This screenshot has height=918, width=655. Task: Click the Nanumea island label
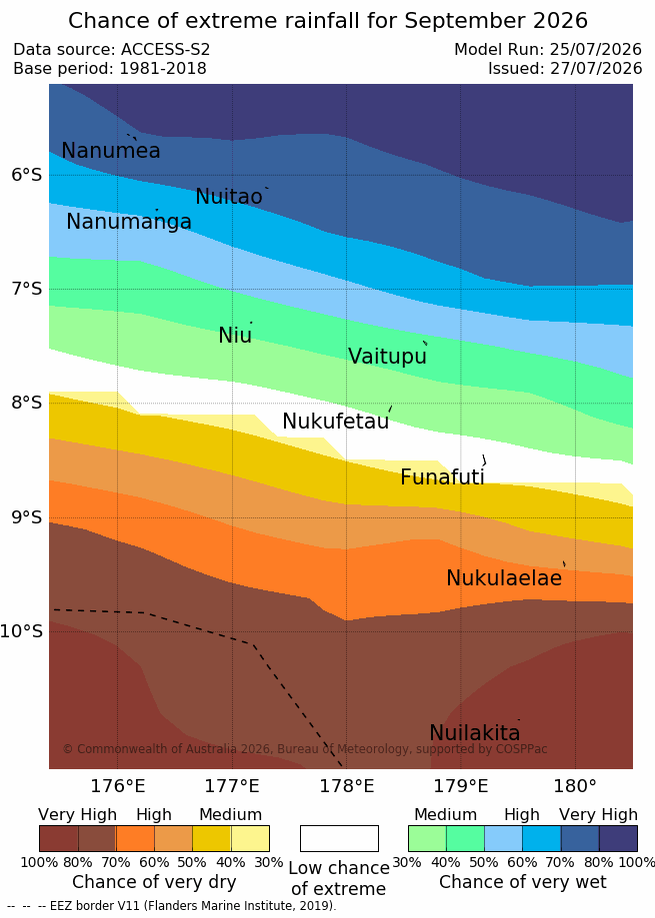[x=111, y=151]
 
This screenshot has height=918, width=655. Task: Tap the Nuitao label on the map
[x=228, y=197]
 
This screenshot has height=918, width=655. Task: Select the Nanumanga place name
[x=129, y=222]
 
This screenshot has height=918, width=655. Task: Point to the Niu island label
[x=235, y=335]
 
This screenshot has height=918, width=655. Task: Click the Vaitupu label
[x=387, y=356]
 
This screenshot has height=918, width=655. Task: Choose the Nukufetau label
[x=336, y=421]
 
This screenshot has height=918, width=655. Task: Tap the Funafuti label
[x=442, y=477]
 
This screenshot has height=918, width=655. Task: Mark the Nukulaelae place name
[x=504, y=577]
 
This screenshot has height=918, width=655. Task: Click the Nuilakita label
[x=475, y=732]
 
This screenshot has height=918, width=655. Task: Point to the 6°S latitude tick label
[x=27, y=175]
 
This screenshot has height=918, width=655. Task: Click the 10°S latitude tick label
[x=22, y=631]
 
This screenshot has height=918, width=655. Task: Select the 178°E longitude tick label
[x=347, y=786]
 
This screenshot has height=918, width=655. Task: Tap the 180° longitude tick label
[x=575, y=786]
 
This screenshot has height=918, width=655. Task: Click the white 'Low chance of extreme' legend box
[x=339, y=838]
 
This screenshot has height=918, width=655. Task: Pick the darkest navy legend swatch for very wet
[x=618, y=838]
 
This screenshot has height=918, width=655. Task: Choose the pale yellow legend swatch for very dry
[x=250, y=838]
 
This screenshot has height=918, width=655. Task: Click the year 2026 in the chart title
[x=561, y=21]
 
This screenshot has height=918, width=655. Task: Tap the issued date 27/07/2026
[x=596, y=69]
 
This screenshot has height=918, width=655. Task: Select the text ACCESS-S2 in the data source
[x=165, y=49]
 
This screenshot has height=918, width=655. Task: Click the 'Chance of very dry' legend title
[x=154, y=882]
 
